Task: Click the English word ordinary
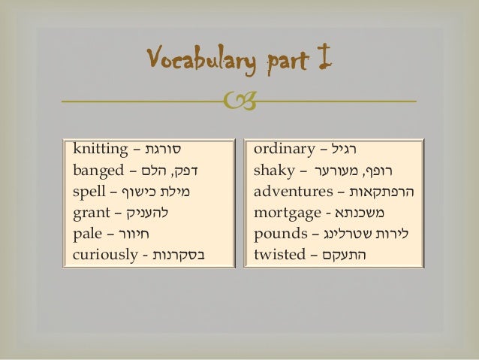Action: tap(283, 147)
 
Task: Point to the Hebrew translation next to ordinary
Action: tap(357, 147)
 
